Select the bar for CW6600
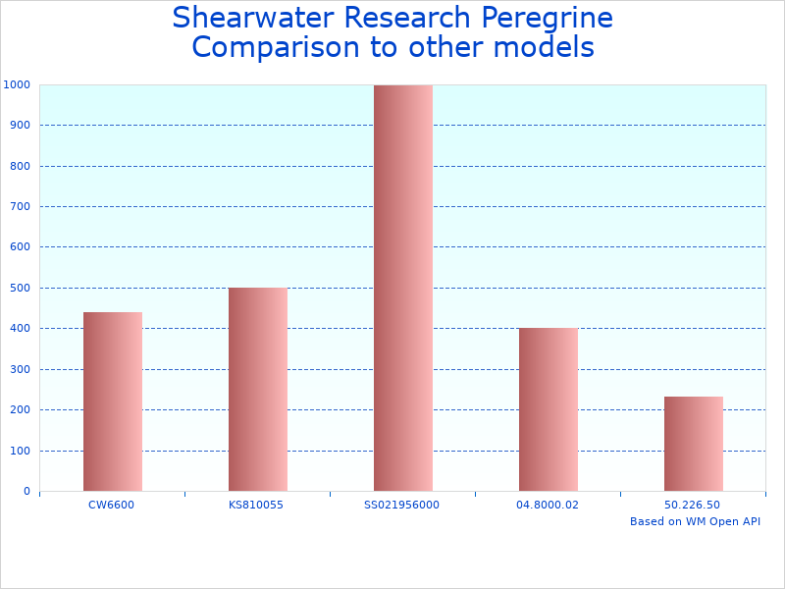point(113,402)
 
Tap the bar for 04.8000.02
point(549,409)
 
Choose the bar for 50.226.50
point(694,444)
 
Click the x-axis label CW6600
point(111,505)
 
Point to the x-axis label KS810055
point(256,505)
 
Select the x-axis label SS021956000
point(401,505)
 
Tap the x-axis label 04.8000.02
point(547,505)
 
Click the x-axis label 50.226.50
point(692,505)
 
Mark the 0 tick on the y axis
point(25,491)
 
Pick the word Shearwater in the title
point(255,18)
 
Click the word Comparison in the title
point(276,47)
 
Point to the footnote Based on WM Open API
point(695,521)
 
